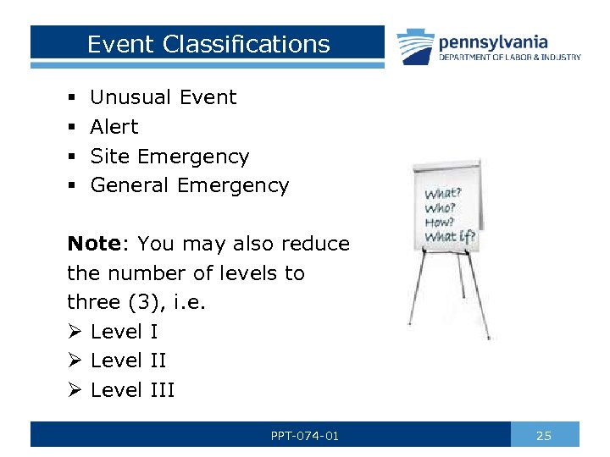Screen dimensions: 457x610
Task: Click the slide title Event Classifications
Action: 208,44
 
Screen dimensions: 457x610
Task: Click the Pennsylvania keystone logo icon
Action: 414,47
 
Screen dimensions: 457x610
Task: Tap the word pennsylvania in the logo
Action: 493,41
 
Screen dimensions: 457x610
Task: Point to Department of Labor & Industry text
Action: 509,58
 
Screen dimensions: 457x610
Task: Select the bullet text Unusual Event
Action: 164,97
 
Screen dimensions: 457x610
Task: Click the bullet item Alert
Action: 114,127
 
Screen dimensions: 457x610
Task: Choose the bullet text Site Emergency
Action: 169,157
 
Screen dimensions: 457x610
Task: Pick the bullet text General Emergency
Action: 190,185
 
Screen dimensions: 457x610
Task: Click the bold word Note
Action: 94,244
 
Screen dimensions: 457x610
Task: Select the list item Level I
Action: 124,332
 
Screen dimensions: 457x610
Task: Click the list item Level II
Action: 128,361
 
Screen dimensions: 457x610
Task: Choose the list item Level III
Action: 132,390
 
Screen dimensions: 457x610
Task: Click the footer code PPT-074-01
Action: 305,436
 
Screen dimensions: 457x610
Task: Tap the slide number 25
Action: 544,436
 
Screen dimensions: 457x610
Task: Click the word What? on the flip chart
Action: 443,192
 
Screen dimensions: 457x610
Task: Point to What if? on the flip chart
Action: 450,236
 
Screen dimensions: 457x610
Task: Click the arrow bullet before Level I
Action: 75,332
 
